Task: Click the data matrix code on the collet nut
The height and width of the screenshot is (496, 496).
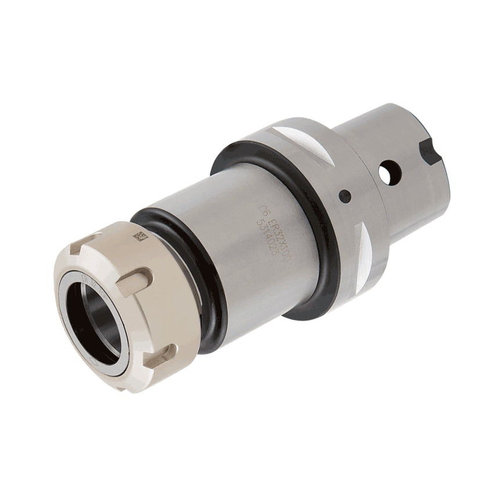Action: (139, 235)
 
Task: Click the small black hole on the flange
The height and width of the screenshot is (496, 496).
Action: (345, 196)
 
